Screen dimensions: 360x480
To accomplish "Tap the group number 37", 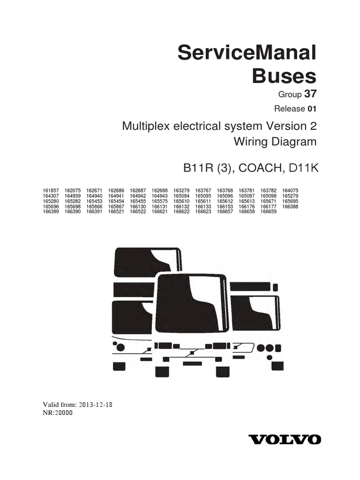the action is coord(310,94).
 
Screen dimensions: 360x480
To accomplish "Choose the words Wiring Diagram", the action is coord(275,142).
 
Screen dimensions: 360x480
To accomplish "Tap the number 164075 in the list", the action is coord(290,190).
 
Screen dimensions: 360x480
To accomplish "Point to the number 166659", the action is coord(269,211).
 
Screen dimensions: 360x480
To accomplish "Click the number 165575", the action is coord(159,201).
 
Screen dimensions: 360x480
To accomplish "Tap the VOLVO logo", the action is coord(285,440).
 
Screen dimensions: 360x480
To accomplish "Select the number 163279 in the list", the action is coord(181,190).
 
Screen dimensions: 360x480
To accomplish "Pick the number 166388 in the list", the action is coord(290,206).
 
